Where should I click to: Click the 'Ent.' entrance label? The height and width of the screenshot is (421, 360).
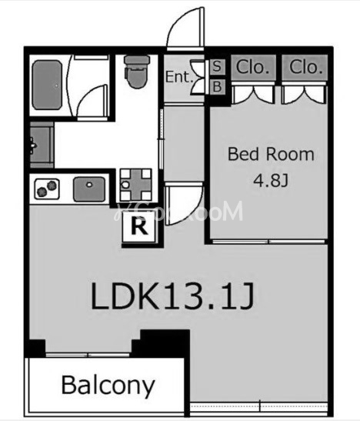point(178,77)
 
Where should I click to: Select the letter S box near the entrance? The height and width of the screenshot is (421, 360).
point(217,68)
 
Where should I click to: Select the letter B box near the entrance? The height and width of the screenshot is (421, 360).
point(217,87)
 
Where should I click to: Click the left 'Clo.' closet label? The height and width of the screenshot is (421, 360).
point(253,67)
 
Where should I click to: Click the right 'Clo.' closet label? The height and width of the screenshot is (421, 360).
point(305,67)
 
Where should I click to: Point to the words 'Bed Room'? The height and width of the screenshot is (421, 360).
point(271,154)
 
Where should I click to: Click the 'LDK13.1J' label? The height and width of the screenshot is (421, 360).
point(172,296)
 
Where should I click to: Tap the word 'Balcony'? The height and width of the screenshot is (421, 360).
point(108,384)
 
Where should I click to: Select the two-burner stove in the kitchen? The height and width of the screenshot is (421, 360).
point(46,188)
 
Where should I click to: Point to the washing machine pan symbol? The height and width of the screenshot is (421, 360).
point(135,183)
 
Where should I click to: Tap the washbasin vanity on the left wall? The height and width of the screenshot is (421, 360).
point(40,145)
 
